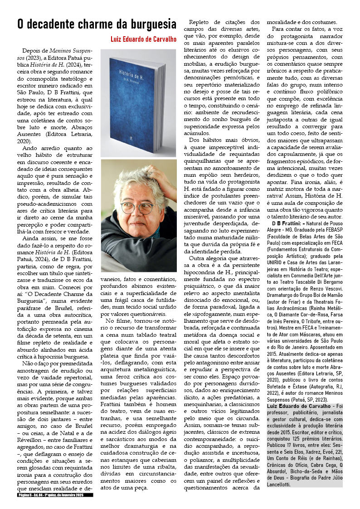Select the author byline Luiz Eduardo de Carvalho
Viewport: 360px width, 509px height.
tap(144, 39)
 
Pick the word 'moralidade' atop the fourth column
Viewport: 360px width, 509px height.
tap(282, 22)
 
